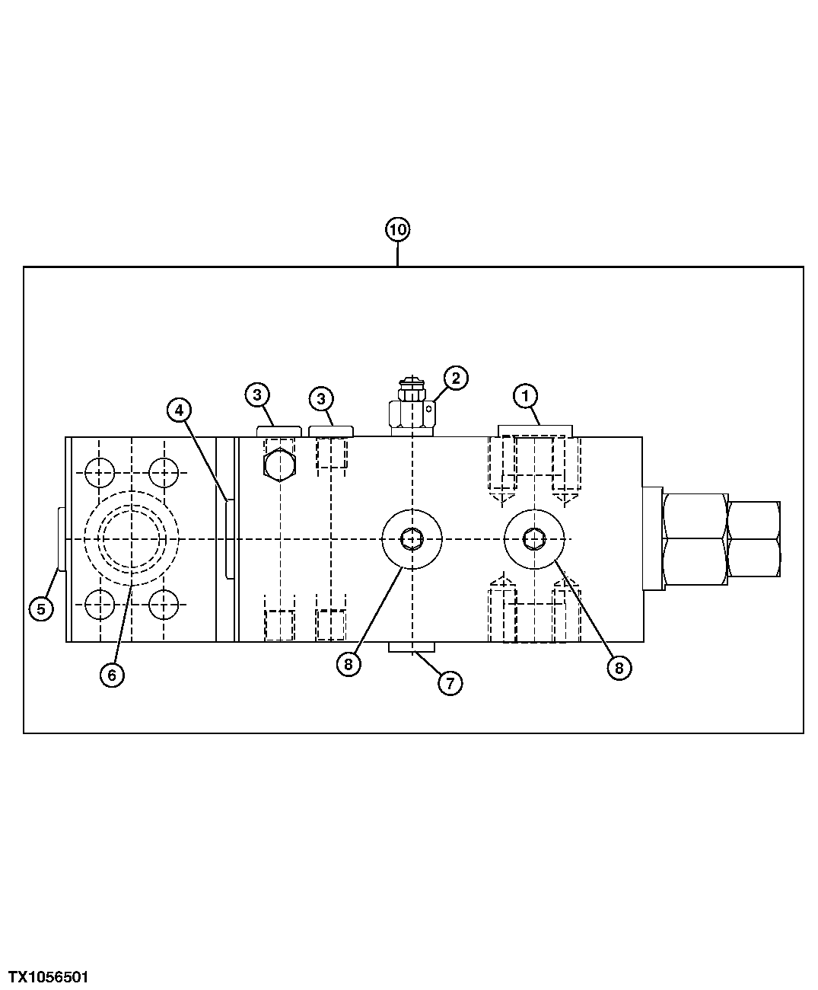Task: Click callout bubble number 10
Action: click(x=397, y=229)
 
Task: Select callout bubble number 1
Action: click(x=525, y=396)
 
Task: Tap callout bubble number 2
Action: click(x=455, y=378)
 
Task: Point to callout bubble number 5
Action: click(x=41, y=608)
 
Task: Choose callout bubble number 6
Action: click(x=112, y=675)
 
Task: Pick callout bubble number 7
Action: click(x=450, y=683)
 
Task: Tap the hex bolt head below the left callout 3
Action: click(x=279, y=465)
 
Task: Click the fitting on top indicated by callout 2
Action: click(x=412, y=411)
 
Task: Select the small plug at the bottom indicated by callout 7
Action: click(x=412, y=647)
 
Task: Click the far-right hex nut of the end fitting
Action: click(x=753, y=538)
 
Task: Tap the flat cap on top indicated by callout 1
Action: click(x=534, y=431)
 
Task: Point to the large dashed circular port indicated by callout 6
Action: click(x=132, y=538)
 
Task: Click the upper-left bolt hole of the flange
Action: click(x=100, y=473)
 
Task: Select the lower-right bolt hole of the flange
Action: click(x=164, y=606)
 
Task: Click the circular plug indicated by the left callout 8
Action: click(x=412, y=538)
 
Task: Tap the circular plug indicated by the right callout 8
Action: click(x=535, y=538)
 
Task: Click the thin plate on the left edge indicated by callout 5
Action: click(x=62, y=538)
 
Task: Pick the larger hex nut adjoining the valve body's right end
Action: click(x=694, y=538)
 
